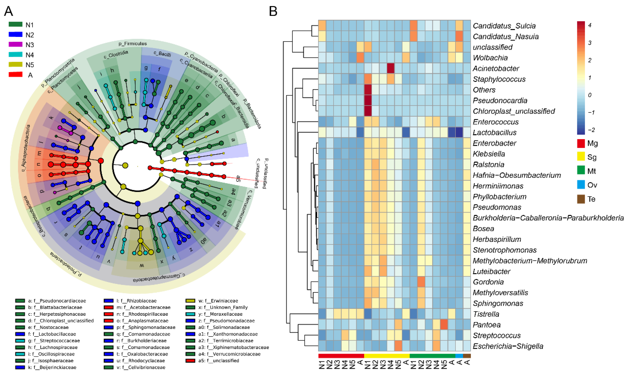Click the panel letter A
pyautogui.click(x=9, y=11)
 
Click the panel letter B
pyautogui.click(x=273, y=11)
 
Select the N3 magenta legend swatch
pyautogui.click(x=15, y=45)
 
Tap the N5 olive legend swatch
pyautogui.click(x=15, y=65)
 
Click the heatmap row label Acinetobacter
pyautogui.click(x=495, y=69)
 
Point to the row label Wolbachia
pyautogui.click(x=490, y=58)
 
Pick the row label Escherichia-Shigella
pyautogui.click(x=508, y=346)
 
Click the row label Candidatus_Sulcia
pyautogui.click(x=504, y=26)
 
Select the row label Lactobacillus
pyautogui.click(x=494, y=132)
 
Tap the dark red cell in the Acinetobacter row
pyautogui.click(x=391, y=68)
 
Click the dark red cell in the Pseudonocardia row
pyautogui.click(x=368, y=100)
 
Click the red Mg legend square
pyautogui.click(x=581, y=143)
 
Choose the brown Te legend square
pyautogui.click(x=581, y=199)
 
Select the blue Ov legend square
pyautogui.click(x=581, y=185)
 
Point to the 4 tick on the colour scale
pyautogui.click(x=590, y=25)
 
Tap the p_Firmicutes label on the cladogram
pyautogui.click(x=133, y=44)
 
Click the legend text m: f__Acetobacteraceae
pyautogui.click(x=143, y=307)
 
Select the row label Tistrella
pyautogui.click(x=486, y=314)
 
